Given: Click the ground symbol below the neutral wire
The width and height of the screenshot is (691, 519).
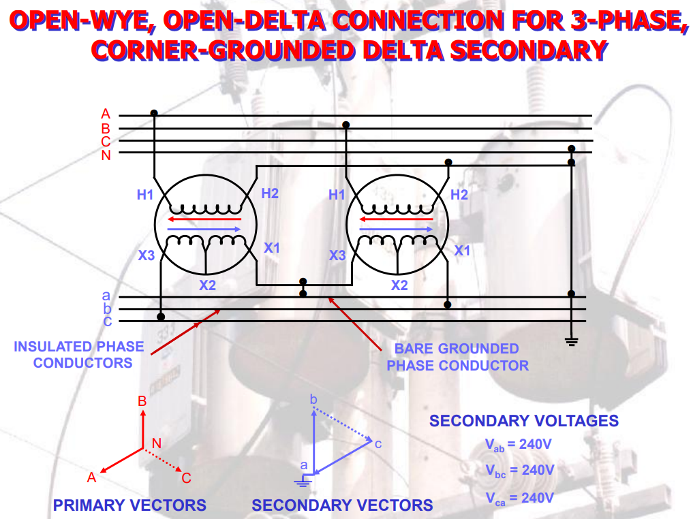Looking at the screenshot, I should (x=572, y=341).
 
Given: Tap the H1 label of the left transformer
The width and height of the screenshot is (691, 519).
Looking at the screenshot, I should (x=145, y=195).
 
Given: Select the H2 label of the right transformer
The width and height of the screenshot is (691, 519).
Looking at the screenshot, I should (x=459, y=195).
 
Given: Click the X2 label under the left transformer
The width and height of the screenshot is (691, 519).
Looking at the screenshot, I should (x=207, y=285).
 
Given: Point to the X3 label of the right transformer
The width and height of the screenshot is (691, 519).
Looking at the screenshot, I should (x=337, y=255).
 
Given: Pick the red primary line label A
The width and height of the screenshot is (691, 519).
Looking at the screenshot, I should (x=106, y=114).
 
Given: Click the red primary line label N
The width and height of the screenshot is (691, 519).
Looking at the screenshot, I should (x=106, y=156).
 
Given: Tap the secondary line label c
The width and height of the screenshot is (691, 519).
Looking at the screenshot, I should (x=107, y=321).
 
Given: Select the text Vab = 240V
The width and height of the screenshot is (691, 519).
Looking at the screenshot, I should (x=519, y=444).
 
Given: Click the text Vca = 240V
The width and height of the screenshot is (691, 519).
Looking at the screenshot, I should (x=519, y=498).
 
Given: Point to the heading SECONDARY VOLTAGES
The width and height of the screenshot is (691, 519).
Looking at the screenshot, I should (x=523, y=420).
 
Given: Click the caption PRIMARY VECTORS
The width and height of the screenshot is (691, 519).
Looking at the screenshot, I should (x=129, y=505).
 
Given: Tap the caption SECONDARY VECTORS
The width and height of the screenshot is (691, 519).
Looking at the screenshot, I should (x=342, y=505).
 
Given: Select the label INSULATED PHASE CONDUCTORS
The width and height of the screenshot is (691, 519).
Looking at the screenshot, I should (x=79, y=354).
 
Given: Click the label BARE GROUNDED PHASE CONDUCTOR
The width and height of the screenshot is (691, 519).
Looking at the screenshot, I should (x=457, y=357).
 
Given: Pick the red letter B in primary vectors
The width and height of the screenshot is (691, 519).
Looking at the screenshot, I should (x=142, y=401).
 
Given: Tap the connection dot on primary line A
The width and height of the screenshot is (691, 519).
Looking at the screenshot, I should (x=154, y=113).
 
